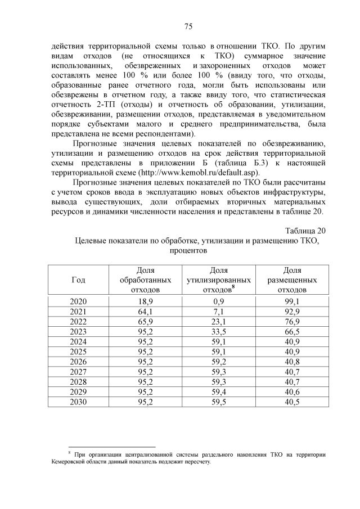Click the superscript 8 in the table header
233,287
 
